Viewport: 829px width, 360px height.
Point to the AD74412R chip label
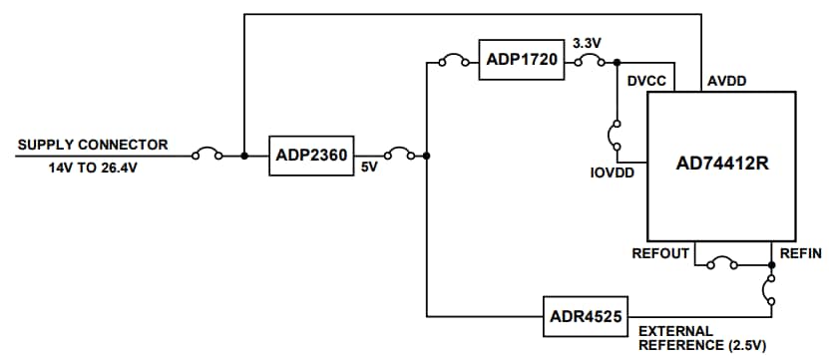720,164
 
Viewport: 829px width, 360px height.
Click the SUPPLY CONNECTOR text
93,145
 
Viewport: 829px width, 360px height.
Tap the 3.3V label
586,44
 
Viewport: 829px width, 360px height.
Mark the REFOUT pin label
659,253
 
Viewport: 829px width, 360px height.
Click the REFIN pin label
800,253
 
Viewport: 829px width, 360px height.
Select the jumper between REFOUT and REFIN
721,265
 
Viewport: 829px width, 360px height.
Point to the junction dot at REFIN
771,265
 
